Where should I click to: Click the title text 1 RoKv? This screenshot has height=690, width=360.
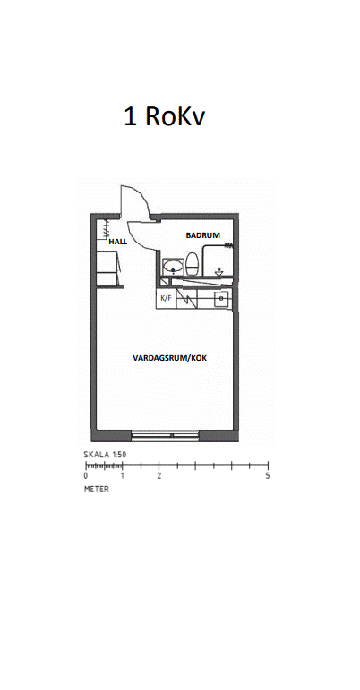click(164, 116)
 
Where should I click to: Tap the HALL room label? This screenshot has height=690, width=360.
click(118, 242)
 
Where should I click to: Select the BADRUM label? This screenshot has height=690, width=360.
click(203, 235)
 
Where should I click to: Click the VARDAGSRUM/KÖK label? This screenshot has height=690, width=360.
click(170, 358)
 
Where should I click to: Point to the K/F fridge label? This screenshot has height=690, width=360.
click(166, 298)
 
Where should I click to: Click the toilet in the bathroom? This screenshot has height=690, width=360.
click(192, 263)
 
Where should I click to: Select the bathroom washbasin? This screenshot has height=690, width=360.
click(174, 267)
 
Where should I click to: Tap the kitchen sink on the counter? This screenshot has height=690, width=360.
click(221, 299)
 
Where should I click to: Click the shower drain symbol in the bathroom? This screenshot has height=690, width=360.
click(219, 272)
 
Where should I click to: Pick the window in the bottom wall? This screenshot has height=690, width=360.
click(166, 436)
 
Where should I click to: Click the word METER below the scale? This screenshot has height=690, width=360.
click(97, 490)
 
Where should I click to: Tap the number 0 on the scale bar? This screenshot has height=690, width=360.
click(85, 476)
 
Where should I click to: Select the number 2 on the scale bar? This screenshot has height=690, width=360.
click(159, 476)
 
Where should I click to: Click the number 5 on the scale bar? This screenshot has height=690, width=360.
click(268, 476)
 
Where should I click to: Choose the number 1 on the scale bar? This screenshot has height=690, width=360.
click(123, 476)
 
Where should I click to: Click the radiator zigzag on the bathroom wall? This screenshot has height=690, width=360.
click(229, 244)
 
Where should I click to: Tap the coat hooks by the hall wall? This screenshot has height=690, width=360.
click(105, 228)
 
